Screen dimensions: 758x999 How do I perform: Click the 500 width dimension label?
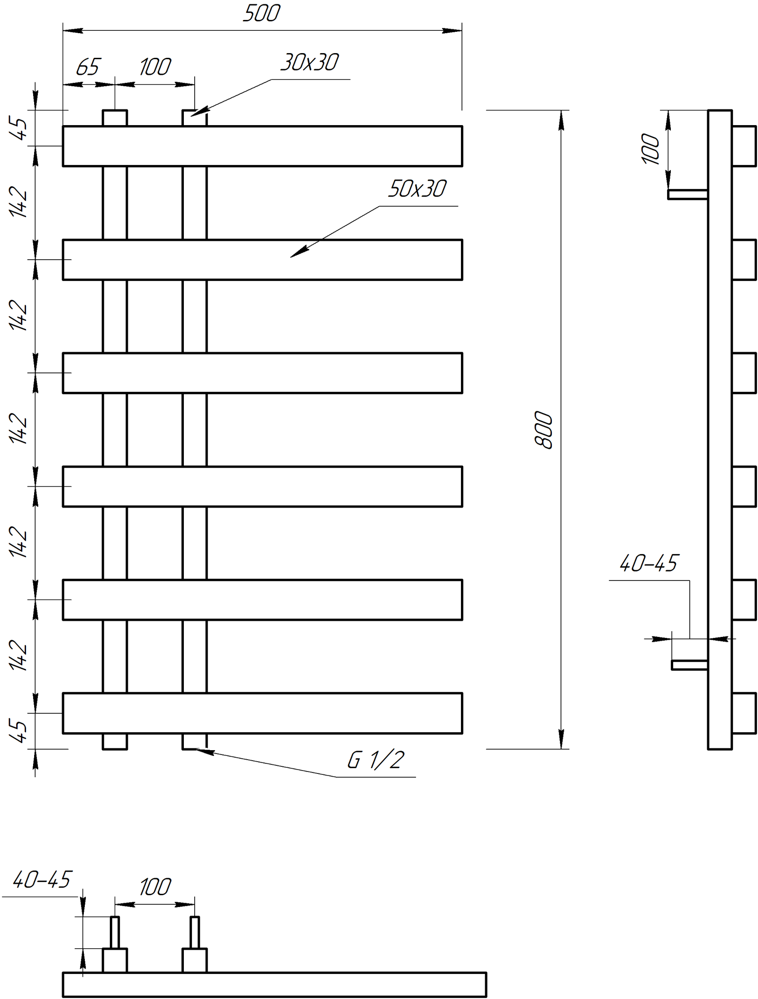click(261, 13)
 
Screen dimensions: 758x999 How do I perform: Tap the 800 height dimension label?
click(543, 430)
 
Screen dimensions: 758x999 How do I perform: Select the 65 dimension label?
click(88, 67)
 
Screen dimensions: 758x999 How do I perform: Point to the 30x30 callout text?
click(309, 62)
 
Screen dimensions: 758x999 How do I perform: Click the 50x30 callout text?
click(417, 189)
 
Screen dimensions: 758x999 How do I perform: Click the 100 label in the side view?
click(650, 149)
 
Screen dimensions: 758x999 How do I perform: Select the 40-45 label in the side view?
click(648, 563)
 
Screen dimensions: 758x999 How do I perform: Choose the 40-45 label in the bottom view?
click(42, 880)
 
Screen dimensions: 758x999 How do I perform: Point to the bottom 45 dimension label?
click(18, 731)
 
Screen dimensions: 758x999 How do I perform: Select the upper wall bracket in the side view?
click(688, 194)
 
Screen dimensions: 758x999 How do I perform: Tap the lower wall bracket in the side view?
click(690, 665)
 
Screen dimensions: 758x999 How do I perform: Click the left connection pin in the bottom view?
click(115, 932)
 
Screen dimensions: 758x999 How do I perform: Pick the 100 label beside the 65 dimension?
click(155, 67)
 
